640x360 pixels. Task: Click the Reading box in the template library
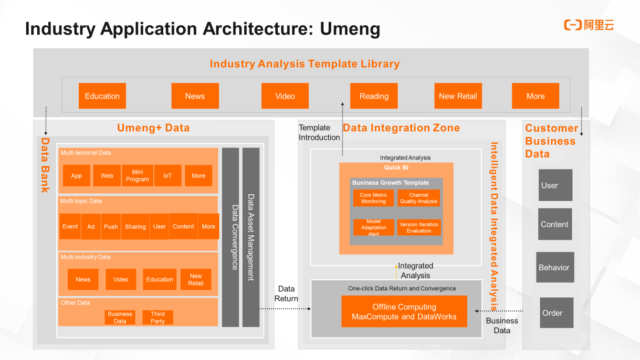[374, 96]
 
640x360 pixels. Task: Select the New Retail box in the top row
[458, 96]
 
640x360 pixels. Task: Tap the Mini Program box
[137, 176]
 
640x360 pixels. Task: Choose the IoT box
[168, 176]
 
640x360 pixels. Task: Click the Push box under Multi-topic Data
[111, 226]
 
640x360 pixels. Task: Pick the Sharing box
[135, 226]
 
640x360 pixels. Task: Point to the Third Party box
[157, 318]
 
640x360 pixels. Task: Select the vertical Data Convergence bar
[231, 237]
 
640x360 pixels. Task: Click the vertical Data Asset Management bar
[251, 237]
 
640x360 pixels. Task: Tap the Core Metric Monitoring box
[373, 198]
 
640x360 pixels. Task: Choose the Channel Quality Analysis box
[419, 198]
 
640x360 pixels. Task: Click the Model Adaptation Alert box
[374, 227]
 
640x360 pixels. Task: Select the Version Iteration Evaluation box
[419, 227]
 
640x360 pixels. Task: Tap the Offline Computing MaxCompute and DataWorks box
[404, 312]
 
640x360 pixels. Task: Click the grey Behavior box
[554, 267]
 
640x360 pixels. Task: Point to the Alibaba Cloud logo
[589, 25]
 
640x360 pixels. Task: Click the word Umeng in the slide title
[350, 29]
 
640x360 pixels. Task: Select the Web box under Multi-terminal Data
[107, 176]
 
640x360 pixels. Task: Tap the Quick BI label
[396, 168]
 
